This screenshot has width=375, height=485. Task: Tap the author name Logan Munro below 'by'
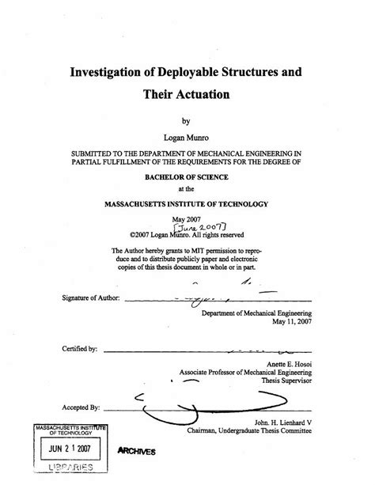pos(187,136)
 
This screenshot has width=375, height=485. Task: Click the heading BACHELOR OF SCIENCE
pos(187,179)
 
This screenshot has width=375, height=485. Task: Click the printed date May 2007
pos(187,218)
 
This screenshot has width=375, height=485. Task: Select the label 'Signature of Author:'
pos(90,298)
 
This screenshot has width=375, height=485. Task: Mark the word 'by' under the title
pos(187,122)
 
